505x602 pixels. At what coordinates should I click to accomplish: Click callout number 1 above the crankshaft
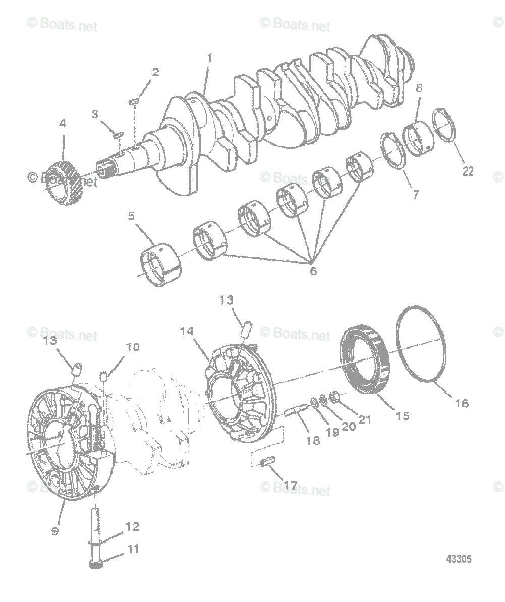[x=209, y=58]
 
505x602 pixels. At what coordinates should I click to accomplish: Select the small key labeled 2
[x=134, y=102]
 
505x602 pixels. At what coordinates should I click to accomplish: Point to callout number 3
[x=95, y=114]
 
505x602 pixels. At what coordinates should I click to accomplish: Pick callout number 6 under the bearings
[x=313, y=271]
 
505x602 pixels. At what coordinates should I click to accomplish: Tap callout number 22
[x=468, y=171]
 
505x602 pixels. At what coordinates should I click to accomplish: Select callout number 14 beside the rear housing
[x=187, y=332]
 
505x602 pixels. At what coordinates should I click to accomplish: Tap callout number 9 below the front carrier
[x=55, y=531]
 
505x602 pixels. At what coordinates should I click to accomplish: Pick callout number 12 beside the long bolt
[x=132, y=527]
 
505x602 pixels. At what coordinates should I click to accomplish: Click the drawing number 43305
[x=459, y=559]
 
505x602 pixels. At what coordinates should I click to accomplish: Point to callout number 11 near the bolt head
[x=133, y=549]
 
